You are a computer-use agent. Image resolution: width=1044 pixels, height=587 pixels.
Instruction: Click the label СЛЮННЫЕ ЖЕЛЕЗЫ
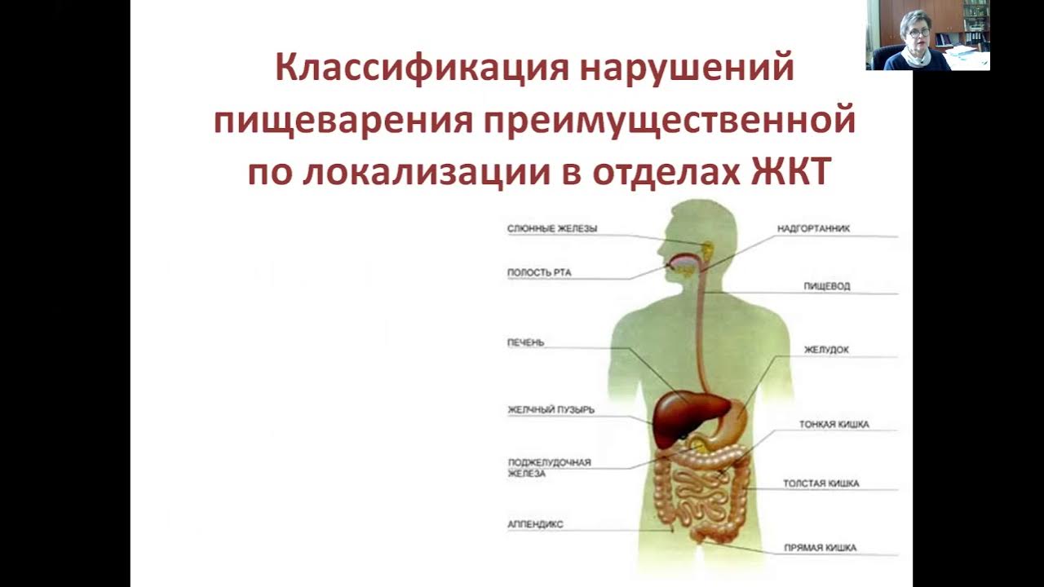point(552,229)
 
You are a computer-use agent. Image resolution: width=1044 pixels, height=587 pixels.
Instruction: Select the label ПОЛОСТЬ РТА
point(539,272)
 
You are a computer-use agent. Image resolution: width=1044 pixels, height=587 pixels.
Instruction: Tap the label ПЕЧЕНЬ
point(525,343)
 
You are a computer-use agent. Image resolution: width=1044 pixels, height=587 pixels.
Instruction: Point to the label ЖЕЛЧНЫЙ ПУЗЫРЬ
point(551,408)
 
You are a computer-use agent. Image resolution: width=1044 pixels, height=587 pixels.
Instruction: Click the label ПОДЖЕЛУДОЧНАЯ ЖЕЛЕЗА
point(549,467)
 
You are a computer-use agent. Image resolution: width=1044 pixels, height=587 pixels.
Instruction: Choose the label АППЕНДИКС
point(535,524)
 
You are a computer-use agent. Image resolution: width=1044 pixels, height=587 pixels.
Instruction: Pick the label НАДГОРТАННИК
point(813,229)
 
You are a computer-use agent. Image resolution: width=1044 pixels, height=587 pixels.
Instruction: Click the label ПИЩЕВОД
point(827,286)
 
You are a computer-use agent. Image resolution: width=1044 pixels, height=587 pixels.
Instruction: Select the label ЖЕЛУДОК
point(826,350)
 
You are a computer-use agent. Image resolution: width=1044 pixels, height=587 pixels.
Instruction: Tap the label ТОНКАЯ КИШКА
point(834,425)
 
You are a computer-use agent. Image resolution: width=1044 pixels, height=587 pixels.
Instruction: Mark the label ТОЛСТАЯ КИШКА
point(821,483)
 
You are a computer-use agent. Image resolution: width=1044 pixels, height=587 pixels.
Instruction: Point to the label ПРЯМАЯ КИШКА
point(820,548)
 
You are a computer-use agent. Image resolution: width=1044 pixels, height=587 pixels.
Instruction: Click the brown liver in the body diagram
point(681,412)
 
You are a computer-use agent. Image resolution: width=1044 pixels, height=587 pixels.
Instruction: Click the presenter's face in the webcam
point(914,26)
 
